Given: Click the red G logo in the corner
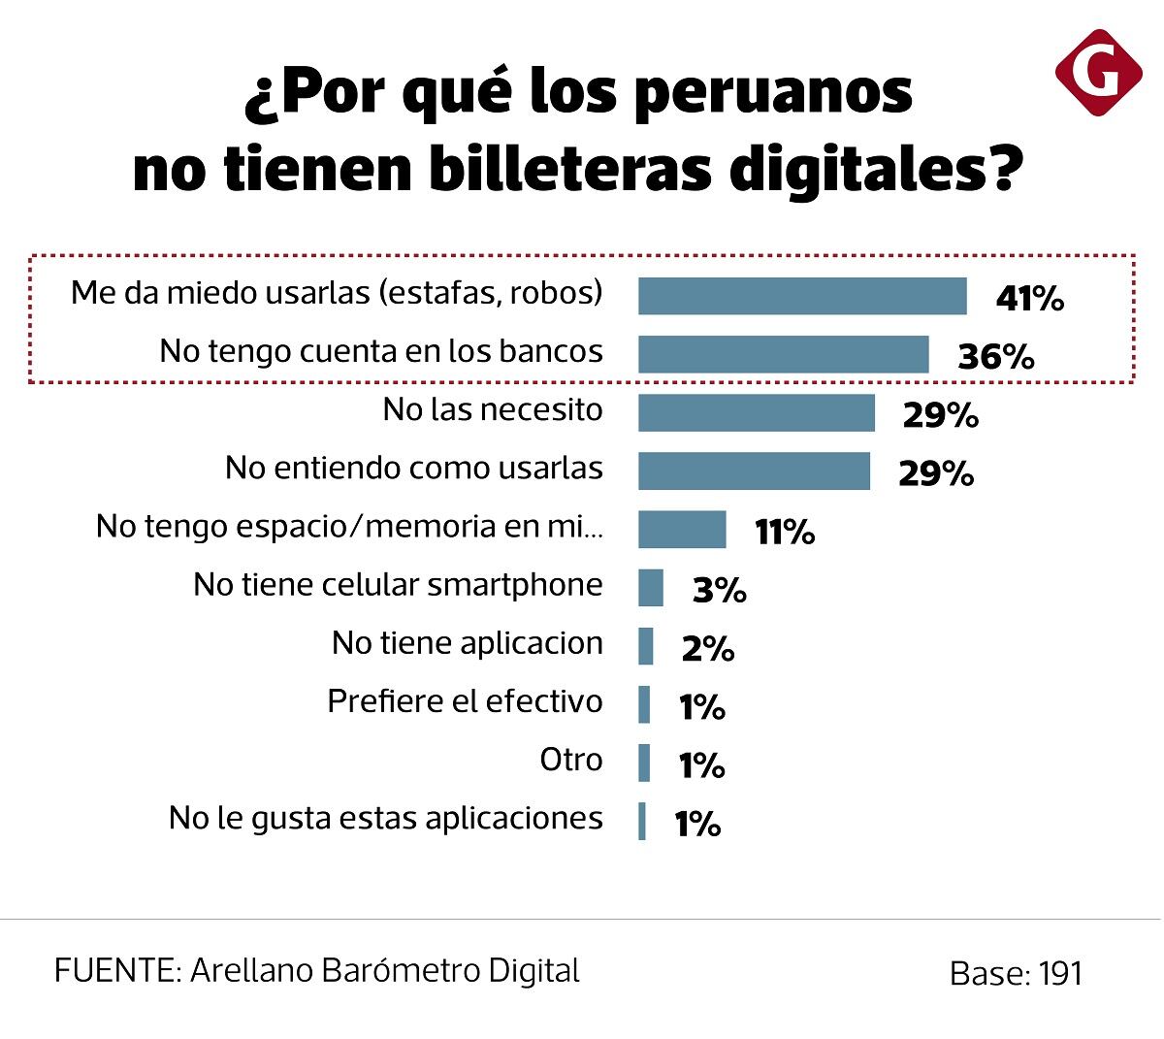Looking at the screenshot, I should point(1098,73).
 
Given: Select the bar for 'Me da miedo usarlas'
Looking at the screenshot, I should point(802,296).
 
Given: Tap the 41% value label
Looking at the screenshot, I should point(1029,299).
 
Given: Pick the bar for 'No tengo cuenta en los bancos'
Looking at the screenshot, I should point(783,354).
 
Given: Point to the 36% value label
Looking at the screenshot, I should point(995,357).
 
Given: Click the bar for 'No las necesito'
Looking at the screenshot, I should point(757,412).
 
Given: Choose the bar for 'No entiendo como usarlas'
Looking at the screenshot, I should point(754,471).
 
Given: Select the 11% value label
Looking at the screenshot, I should point(784,532).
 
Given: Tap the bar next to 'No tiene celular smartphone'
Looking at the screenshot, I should point(651,588).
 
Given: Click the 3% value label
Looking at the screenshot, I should point(719,590).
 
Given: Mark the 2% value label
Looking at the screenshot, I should point(707,648).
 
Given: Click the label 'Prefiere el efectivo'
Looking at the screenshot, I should point(465,701).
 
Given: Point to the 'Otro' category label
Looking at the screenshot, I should point(571,760).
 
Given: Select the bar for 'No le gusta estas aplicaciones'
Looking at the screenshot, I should point(642,822).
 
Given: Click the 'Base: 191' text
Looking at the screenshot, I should point(1016,974).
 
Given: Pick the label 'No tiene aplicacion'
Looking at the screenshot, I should point(467,643).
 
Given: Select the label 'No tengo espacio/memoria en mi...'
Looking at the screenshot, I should point(349,527).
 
